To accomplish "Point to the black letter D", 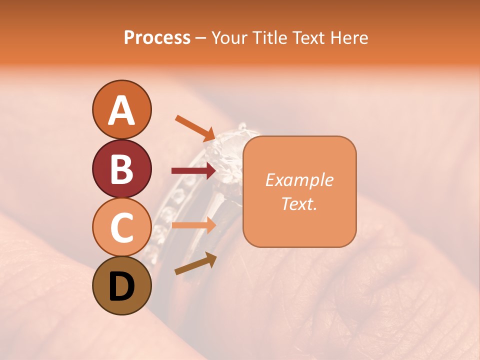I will click(121, 287).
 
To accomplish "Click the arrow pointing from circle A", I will click(195, 128).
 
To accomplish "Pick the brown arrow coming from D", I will click(195, 263).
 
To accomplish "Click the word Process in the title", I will click(157, 38).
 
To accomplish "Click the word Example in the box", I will click(299, 180).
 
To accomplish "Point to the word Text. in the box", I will click(299, 203).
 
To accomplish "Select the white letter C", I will click(121, 227).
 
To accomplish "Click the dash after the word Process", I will click(200, 38).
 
